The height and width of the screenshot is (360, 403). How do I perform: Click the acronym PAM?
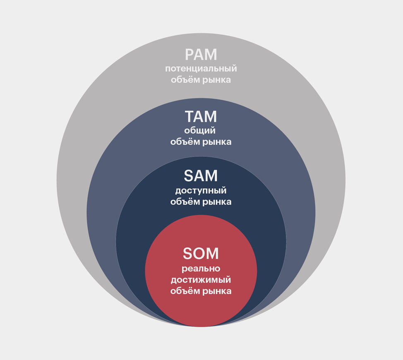tap(201, 55)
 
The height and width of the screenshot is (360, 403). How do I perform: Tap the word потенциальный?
tap(201, 69)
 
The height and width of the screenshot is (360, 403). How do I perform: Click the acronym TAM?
tap(201, 117)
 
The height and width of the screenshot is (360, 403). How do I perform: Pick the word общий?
tap(201, 131)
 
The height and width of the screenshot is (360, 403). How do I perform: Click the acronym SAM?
tap(201, 176)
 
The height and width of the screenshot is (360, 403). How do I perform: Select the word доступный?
tap(201, 191)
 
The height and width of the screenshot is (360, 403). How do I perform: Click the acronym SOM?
tap(201, 254)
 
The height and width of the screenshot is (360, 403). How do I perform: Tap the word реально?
tap(201, 269)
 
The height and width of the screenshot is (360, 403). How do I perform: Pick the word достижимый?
tap(201, 280)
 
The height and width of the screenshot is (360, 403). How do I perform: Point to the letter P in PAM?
tap(190, 55)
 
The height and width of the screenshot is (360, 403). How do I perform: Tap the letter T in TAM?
tap(190, 117)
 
